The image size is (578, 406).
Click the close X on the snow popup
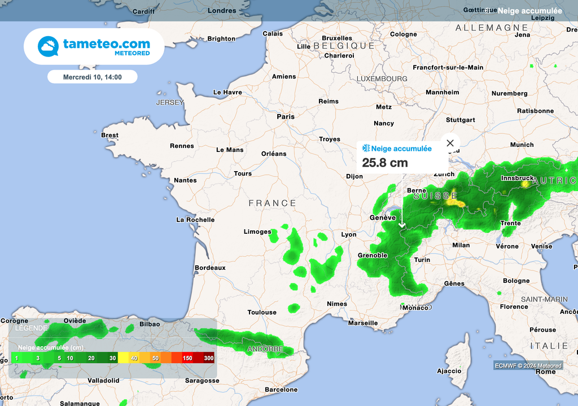point(450,143)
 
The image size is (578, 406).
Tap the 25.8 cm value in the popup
point(385,163)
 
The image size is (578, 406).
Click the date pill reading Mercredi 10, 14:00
point(92,77)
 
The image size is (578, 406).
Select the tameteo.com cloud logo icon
point(48,46)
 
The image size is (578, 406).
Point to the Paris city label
point(286,116)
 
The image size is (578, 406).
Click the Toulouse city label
point(262,312)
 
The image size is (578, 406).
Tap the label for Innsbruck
point(517,178)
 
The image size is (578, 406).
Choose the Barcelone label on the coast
point(281,390)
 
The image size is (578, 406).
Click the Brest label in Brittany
point(110,135)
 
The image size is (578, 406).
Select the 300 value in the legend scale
point(209,358)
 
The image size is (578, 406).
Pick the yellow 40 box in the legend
point(134,358)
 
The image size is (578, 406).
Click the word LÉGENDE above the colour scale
point(32,328)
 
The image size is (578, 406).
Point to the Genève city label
point(383,217)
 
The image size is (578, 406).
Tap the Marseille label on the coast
point(363,323)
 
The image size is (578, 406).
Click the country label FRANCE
point(273,203)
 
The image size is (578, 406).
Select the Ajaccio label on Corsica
point(449,371)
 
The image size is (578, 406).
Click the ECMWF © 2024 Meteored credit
point(528,366)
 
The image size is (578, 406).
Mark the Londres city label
point(222,11)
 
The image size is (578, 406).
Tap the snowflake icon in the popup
point(366,149)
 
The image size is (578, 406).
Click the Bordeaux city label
point(210,268)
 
